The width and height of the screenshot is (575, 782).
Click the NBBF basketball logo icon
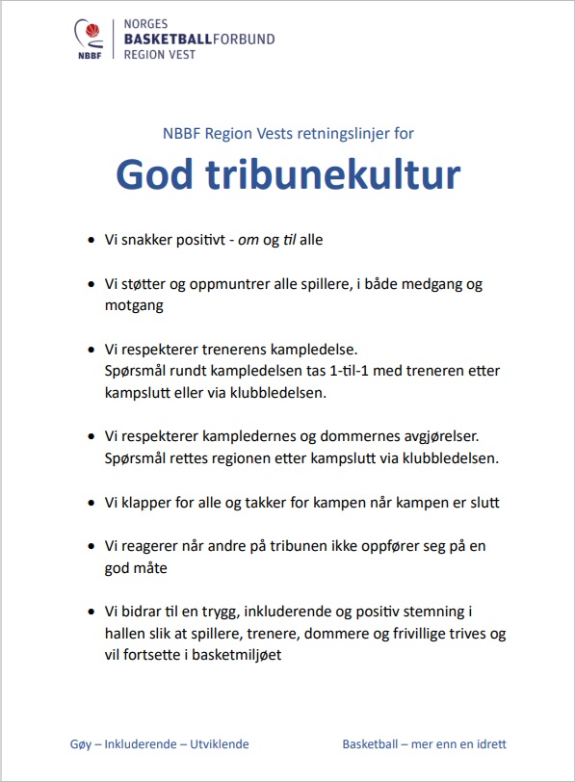point(91,39)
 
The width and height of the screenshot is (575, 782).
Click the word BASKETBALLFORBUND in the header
point(199,39)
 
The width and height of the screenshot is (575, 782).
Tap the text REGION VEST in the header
point(159,55)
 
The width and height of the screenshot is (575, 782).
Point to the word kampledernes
point(243,436)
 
